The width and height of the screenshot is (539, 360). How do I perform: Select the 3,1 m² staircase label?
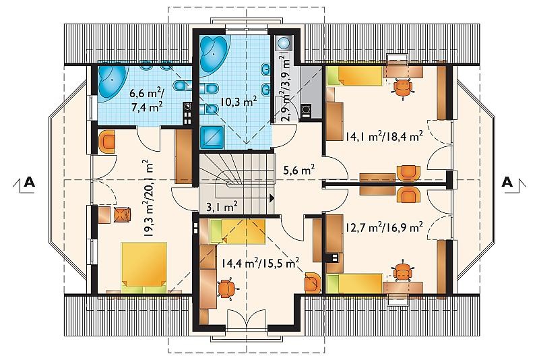[x=222, y=207]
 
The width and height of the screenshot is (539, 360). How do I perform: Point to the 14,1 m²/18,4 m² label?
[x=384, y=136]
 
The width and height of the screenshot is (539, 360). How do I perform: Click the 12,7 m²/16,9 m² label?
[x=384, y=227]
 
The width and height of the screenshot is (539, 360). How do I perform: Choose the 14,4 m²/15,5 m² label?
[x=260, y=264]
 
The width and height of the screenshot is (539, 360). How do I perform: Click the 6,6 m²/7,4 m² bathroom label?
[x=146, y=100]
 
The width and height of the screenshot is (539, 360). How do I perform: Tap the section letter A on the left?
[x=30, y=182]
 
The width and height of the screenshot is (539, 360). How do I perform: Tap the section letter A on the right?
[x=507, y=182]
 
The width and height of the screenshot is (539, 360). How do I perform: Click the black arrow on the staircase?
[x=272, y=198]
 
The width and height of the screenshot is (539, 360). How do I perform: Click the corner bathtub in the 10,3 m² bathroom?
[x=213, y=53]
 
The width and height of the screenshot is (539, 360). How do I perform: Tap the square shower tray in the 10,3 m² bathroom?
[x=212, y=137]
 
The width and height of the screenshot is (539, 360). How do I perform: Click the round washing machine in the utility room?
[x=284, y=42]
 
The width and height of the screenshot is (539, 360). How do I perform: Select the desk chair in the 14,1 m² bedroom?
[x=403, y=88]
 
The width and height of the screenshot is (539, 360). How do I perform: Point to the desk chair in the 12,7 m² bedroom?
[x=401, y=272]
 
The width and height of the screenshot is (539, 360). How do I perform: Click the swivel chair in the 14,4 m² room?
[x=226, y=289]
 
